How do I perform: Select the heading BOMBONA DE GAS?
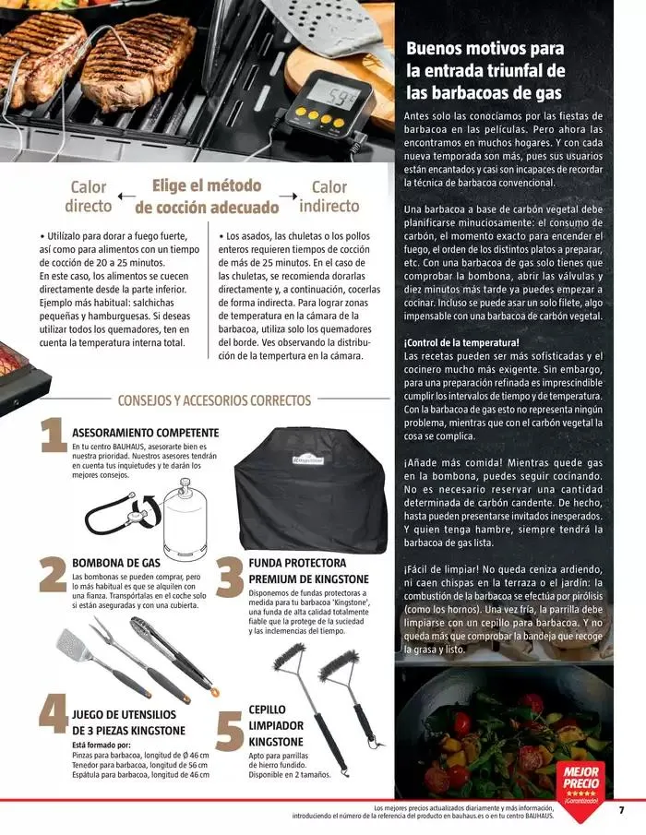pyautogui.click(x=116, y=563)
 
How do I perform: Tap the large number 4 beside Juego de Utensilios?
pyautogui.click(x=52, y=716)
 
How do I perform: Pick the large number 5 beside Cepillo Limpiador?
pyautogui.click(x=229, y=731)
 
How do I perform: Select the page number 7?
pyautogui.click(x=621, y=810)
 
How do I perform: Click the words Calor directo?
pyautogui.click(x=90, y=197)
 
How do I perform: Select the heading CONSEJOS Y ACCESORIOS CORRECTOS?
pyautogui.click(x=214, y=400)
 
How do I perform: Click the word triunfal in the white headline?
pyautogui.click(x=509, y=70)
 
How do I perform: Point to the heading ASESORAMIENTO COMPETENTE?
pyautogui.click(x=145, y=432)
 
